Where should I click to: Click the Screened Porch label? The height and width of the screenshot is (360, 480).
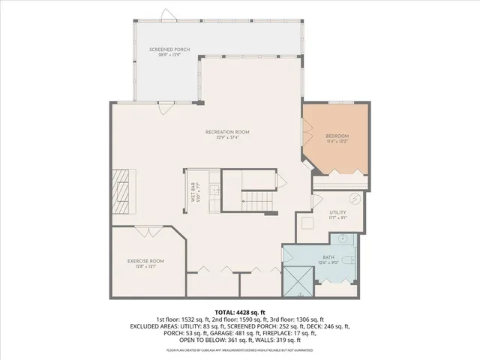click(x=163, y=49)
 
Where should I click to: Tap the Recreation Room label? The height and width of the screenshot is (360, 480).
click(x=227, y=132)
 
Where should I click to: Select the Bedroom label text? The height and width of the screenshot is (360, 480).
click(x=337, y=136)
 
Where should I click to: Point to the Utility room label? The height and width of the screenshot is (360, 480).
click(x=337, y=213)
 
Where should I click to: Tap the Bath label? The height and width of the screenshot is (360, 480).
click(x=330, y=257)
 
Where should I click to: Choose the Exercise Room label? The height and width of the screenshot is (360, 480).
click(x=145, y=260)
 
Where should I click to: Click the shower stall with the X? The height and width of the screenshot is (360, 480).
click(x=299, y=281)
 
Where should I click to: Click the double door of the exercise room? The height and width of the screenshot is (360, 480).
click(x=146, y=231)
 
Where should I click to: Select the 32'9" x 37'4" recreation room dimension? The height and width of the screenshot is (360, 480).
click(x=227, y=138)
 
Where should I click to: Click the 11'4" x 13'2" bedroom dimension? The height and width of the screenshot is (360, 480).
click(x=337, y=142)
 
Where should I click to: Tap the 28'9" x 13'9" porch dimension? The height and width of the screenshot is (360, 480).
click(x=163, y=55)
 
